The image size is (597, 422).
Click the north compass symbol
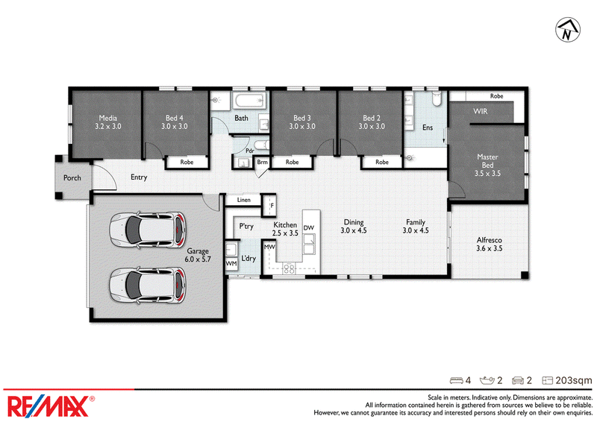567,30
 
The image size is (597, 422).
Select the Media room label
108,122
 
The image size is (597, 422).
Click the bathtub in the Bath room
250,101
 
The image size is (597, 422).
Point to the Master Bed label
487,165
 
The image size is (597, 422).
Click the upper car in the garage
148,230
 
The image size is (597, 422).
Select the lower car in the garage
148,286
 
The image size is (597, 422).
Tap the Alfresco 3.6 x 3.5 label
490,245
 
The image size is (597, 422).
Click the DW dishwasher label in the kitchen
309,228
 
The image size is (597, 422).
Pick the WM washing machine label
231,263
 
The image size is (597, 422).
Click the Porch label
72,177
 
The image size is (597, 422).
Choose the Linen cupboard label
244,200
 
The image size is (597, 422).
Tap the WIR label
480,111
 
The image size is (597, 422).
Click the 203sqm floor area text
573,380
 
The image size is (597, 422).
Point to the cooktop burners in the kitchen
289,268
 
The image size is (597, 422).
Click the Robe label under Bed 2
382,162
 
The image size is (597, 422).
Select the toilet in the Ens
437,98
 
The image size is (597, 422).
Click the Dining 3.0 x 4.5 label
353,226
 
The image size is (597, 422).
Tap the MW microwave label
269,247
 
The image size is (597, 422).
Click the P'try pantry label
246,227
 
